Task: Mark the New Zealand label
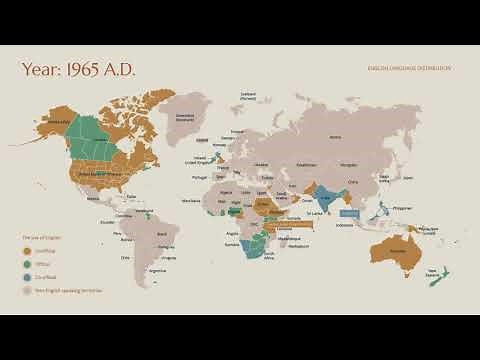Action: (433, 271)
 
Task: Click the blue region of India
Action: (326, 196)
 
